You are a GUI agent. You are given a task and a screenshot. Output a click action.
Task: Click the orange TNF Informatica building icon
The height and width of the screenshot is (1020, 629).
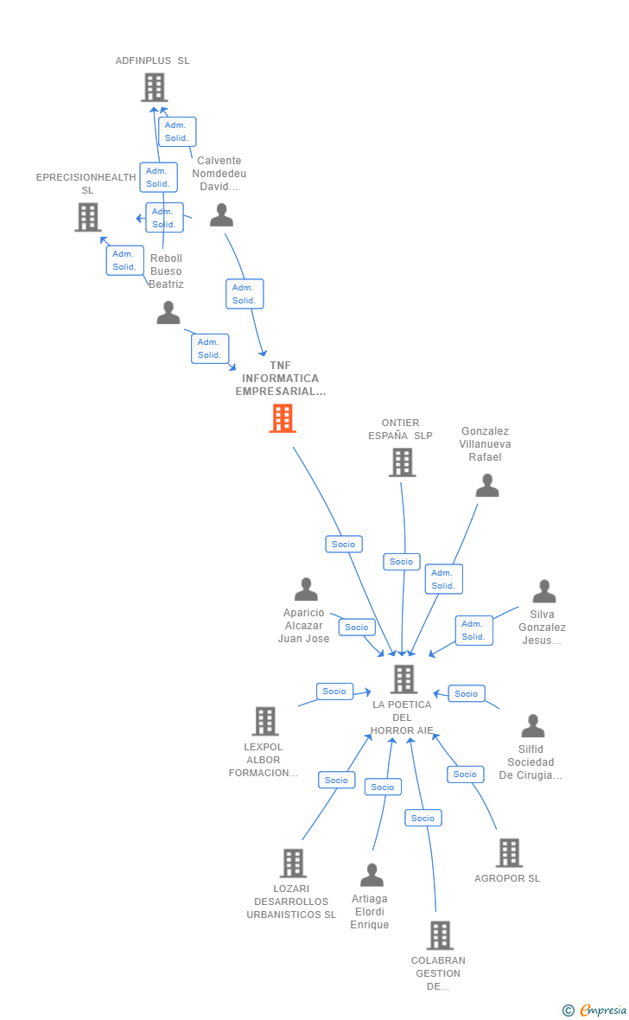coord(283,418)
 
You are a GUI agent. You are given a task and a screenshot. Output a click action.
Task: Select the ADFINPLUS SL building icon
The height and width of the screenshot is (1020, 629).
coord(154,87)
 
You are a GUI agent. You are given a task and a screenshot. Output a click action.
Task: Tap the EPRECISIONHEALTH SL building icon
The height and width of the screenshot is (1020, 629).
coord(87,217)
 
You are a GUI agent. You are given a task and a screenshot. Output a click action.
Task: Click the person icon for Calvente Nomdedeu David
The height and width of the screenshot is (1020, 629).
coord(222,215)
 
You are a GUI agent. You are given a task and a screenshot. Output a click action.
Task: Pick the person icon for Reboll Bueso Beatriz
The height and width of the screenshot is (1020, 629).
coord(168,313)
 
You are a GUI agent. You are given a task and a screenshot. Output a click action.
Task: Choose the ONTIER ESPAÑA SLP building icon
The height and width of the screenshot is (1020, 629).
coord(402,462)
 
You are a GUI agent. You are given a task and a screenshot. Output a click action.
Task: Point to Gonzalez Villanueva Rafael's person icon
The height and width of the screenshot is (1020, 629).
coord(487,486)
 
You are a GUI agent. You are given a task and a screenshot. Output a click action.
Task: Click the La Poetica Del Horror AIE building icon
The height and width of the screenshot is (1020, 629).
coord(403,679)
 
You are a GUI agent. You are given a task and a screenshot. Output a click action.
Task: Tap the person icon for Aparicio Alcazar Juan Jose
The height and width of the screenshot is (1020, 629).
coord(306,590)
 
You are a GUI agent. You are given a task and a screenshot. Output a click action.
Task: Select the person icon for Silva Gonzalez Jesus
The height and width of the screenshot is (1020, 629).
coord(544,591)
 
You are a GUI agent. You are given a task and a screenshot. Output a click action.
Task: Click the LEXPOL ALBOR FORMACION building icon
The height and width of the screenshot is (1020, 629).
coord(265,721)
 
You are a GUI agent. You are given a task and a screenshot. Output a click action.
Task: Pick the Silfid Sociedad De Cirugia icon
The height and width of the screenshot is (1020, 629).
coord(533,726)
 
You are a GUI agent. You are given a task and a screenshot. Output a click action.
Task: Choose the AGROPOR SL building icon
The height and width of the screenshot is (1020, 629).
coord(509,853)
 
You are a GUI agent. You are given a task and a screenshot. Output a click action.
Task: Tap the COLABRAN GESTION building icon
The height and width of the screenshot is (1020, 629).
coord(440,935)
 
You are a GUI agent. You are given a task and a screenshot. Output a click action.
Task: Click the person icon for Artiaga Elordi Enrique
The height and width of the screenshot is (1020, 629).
coord(372,875)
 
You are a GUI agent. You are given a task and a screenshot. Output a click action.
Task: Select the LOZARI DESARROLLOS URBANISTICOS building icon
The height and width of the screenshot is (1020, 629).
coord(293,863)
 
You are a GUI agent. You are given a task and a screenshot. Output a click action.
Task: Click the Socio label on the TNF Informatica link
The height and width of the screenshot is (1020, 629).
coord(343,544)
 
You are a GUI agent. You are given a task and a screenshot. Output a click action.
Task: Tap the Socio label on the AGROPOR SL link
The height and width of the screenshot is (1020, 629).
coord(465,774)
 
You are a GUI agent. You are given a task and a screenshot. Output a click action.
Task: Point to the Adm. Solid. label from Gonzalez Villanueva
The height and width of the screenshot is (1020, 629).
coord(443,579)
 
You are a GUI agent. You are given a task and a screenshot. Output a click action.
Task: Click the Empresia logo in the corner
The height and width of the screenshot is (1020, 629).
coord(595,1010)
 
